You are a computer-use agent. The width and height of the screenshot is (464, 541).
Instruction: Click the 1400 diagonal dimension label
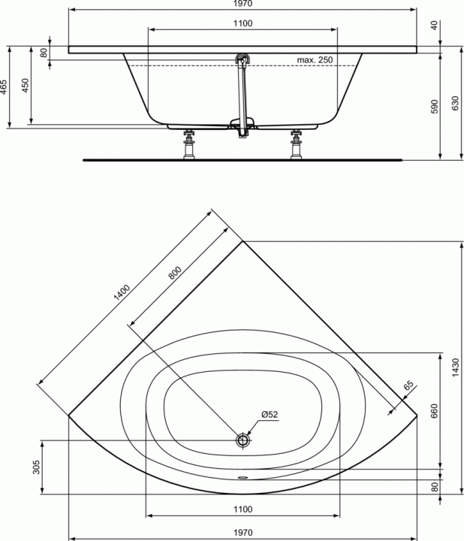pyautogui.click(x=122, y=292)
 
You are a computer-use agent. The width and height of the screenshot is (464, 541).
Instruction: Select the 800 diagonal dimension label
pyautogui.click(x=175, y=272)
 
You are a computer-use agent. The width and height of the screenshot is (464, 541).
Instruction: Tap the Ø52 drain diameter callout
pyautogui.click(x=270, y=414)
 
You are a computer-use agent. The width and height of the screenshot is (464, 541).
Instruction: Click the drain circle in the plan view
pyautogui.click(x=243, y=440)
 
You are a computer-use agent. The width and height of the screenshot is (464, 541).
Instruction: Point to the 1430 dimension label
pyautogui.click(x=455, y=367)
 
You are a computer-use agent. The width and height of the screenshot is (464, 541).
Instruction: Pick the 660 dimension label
pyautogui.click(x=434, y=411)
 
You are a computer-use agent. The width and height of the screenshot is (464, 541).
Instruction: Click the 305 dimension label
pyautogui.click(x=36, y=467)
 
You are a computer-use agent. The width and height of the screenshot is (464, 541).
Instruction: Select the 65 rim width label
pyautogui.click(x=408, y=385)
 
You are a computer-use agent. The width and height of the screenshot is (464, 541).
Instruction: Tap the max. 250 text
pyautogui.click(x=315, y=59)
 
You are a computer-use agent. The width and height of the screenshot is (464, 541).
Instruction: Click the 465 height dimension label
pyautogui.click(x=4, y=87)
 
